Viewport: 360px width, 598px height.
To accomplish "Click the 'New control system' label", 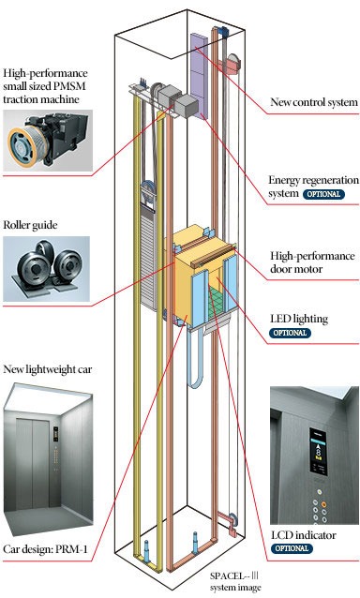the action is point(314,102).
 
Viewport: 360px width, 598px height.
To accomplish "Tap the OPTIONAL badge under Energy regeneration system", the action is point(323,194).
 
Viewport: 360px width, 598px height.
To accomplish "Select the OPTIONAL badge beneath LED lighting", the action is point(291,333).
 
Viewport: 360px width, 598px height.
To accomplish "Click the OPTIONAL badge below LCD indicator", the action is point(292,548).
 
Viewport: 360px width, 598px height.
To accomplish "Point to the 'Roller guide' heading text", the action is point(30,225).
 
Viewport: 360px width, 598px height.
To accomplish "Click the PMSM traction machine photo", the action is point(48,141).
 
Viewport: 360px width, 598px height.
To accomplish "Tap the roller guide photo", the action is point(47,269).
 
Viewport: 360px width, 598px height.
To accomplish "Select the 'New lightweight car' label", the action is point(47,369).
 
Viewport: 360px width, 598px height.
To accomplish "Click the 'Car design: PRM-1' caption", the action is point(45,549).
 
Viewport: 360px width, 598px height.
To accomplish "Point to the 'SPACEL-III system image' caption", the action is point(235,582).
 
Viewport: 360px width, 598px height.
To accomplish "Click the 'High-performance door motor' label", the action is point(312,262).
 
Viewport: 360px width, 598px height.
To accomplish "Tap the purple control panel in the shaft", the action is point(199,75).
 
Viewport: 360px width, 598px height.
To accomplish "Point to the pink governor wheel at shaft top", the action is point(233,63).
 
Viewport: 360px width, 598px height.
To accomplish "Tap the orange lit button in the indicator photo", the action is point(323,504).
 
